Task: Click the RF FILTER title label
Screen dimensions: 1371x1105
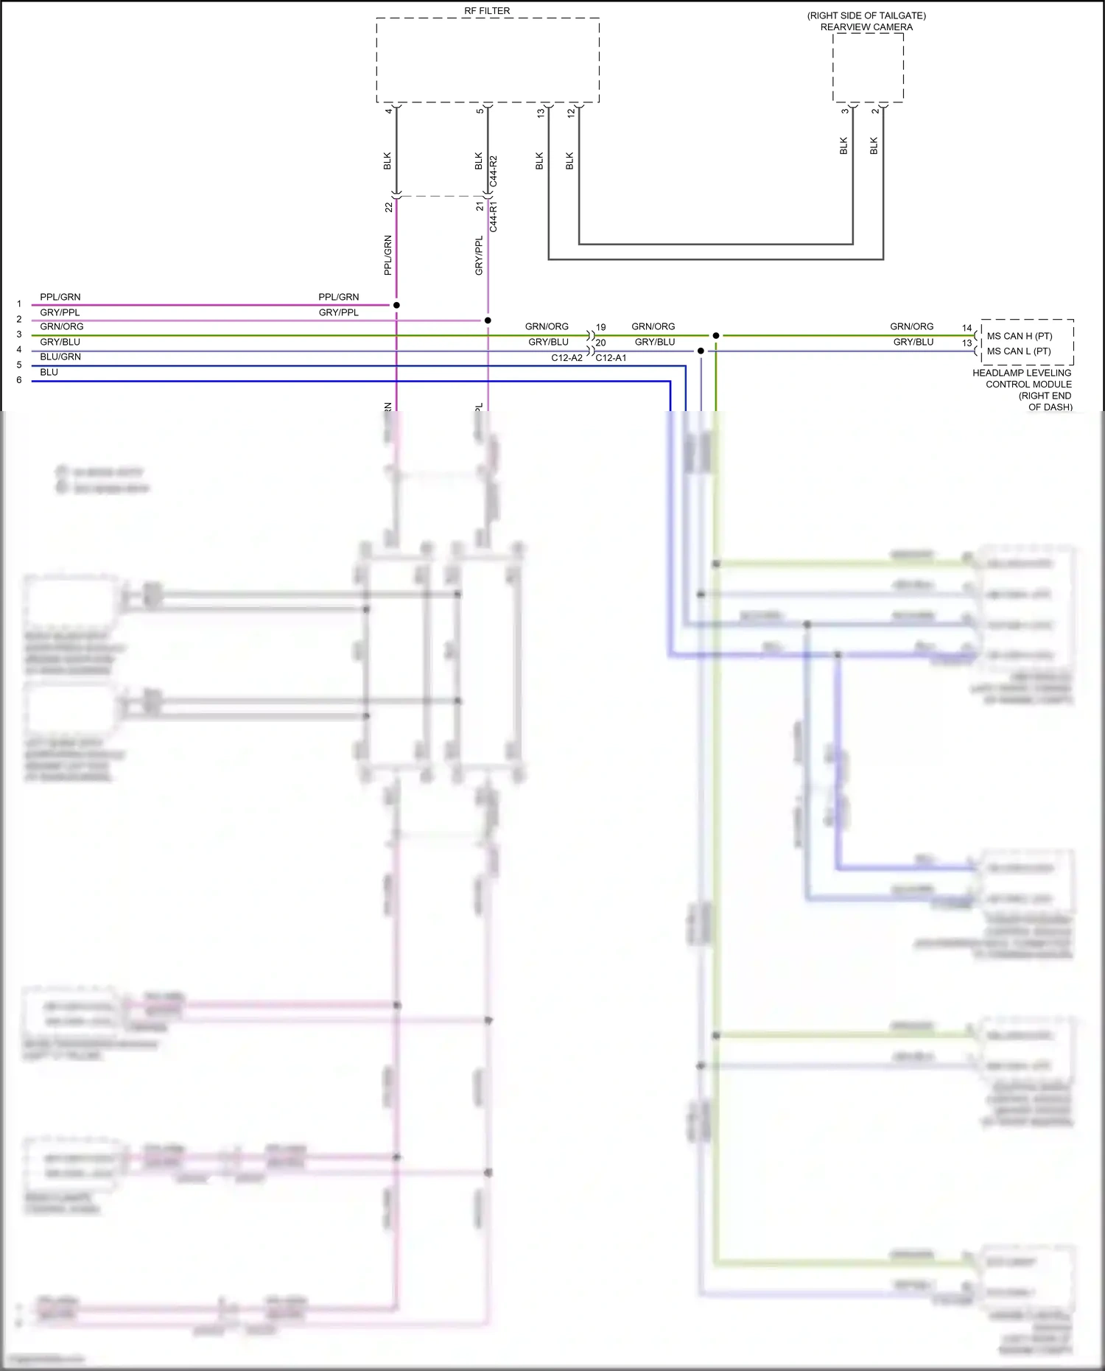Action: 487,11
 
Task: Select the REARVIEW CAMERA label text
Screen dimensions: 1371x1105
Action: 866,27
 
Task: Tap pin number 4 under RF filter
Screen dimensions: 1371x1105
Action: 388,111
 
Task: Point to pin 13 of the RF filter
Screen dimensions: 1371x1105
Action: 540,113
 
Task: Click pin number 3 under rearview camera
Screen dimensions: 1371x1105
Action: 844,111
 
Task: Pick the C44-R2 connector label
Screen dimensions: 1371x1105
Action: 494,171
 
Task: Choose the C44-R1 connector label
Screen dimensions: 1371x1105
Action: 494,217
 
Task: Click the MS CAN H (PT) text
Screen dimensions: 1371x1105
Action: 1020,336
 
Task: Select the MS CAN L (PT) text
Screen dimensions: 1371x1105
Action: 1019,351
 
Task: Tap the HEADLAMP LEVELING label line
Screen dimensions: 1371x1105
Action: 1022,373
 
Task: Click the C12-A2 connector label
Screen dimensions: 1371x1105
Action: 566,358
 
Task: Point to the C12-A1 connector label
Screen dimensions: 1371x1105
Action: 611,358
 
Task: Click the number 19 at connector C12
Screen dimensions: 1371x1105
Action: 601,327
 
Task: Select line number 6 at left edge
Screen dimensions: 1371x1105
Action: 19,380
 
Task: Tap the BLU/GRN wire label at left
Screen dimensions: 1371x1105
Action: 60,357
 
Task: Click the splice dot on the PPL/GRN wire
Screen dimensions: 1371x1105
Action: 396,305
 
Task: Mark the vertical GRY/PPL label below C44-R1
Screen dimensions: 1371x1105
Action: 479,256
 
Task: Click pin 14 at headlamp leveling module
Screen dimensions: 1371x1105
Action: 967,328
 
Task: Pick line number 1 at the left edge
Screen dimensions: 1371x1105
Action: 19,304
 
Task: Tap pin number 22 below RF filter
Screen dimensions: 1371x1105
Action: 388,208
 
